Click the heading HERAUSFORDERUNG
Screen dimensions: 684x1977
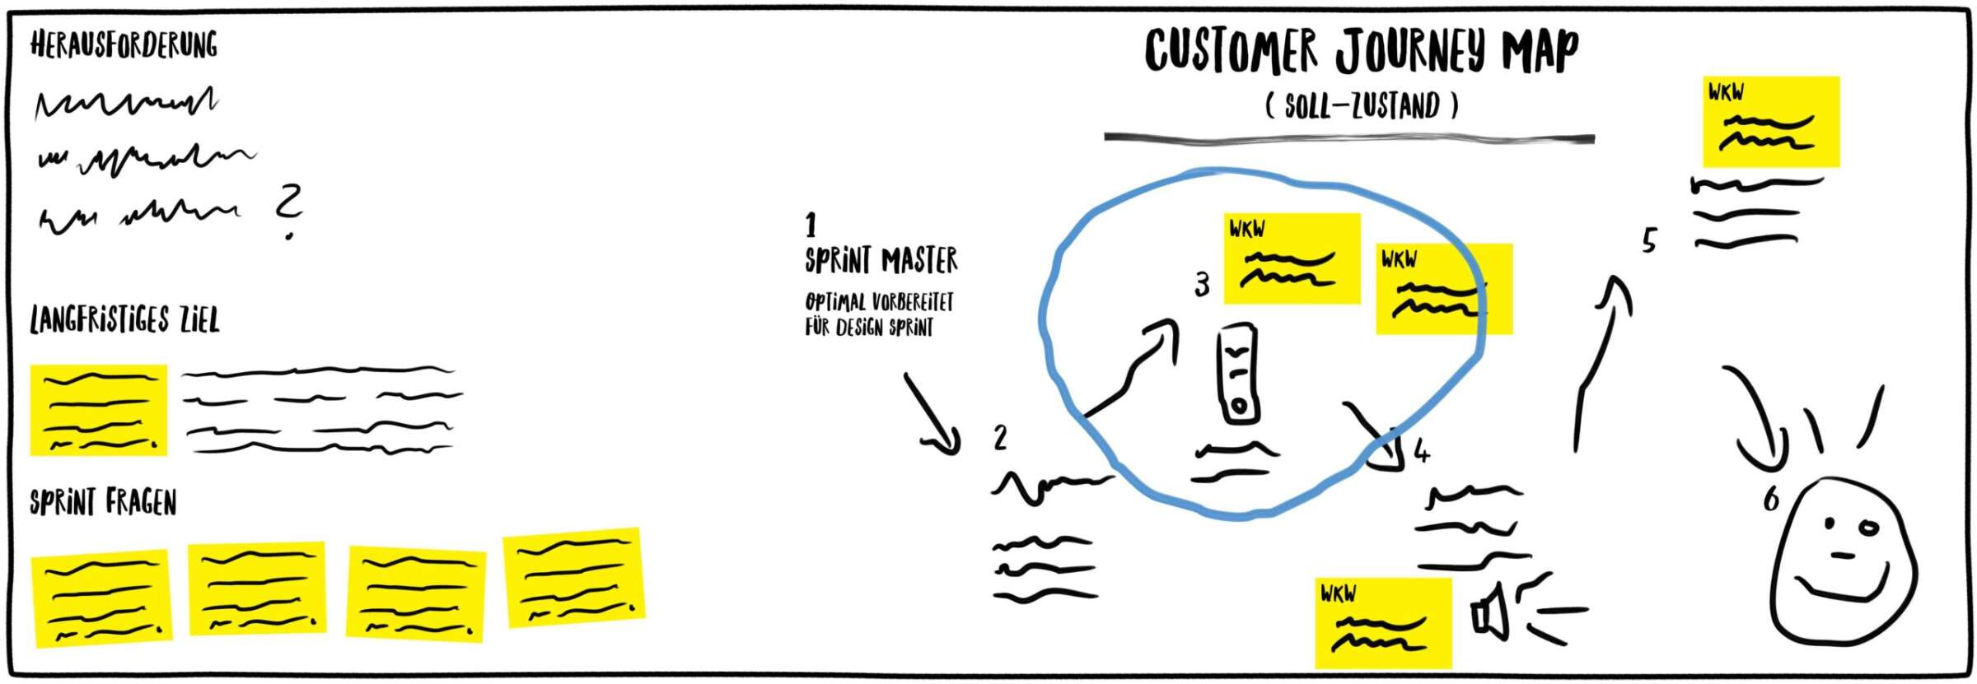(124, 44)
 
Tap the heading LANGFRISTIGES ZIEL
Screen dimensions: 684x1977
(124, 320)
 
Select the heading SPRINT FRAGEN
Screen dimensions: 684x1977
(103, 502)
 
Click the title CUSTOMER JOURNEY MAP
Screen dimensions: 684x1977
(1361, 51)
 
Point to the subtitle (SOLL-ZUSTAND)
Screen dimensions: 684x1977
(1361, 105)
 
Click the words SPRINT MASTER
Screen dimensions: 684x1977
(881, 260)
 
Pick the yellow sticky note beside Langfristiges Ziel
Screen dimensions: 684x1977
(99, 410)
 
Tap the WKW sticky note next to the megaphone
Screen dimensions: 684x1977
(1382, 623)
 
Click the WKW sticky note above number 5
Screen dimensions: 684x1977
(1770, 122)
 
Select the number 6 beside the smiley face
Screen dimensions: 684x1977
(1771, 499)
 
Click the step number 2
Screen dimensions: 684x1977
(1000, 437)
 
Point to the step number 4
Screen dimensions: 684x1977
(1422, 451)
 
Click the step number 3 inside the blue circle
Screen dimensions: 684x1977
(1202, 285)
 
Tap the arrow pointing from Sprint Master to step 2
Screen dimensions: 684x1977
(933, 416)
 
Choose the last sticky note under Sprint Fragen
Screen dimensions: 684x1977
(573, 578)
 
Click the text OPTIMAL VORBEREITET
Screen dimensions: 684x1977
(879, 302)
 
